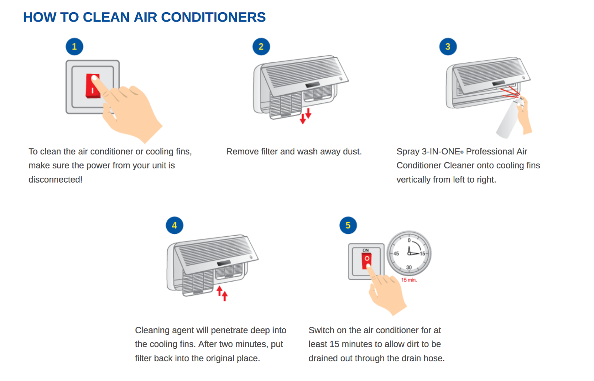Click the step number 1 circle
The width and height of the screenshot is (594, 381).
[74, 47]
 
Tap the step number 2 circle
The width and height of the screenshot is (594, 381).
[261, 47]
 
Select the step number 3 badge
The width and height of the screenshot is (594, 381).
[448, 47]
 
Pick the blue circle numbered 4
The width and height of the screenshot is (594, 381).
[174, 225]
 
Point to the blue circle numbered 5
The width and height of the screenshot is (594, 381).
[348, 225]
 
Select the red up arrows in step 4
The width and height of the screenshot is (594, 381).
[222, 293]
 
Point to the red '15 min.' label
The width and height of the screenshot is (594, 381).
[409, 280]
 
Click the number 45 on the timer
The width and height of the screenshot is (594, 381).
[396, 254]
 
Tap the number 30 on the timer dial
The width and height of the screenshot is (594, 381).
[409, 267]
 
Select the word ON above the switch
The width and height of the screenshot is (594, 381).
[366, 250]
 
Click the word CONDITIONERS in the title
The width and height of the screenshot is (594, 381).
[213, 17]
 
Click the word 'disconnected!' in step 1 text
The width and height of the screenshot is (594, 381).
[55, 180]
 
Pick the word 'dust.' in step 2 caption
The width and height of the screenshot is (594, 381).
[352, 151]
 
